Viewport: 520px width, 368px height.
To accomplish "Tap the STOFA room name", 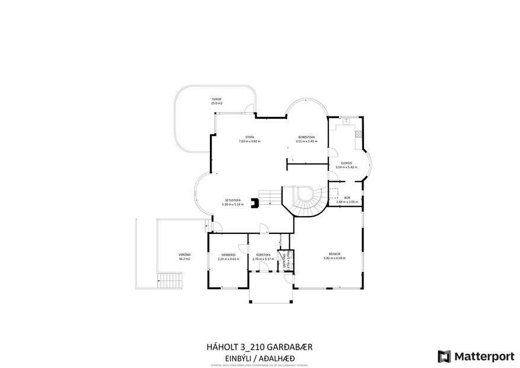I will point(250,137).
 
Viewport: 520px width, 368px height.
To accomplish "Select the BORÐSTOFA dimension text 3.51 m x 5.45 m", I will point(306,142).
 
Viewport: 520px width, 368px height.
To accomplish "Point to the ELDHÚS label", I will point(347,163).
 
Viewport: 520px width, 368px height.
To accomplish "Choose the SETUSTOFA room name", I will point(232,200).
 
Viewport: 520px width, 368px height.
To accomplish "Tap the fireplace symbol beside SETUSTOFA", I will point(254,203).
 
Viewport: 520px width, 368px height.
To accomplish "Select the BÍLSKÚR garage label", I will point(336,253).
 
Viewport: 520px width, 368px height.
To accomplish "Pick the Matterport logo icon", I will point(444,356).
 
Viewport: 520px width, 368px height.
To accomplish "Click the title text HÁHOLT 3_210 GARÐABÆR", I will point(259,347).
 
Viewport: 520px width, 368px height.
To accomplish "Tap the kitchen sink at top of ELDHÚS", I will point(346,122).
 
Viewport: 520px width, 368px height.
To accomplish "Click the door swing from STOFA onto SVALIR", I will point(250,109).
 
